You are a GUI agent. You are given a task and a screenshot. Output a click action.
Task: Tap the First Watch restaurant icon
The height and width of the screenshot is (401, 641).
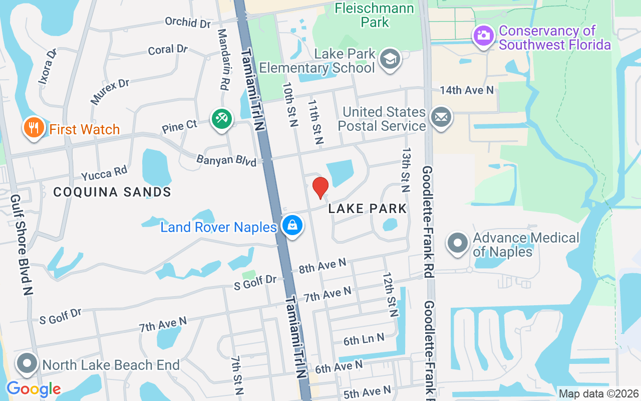pos(34,128)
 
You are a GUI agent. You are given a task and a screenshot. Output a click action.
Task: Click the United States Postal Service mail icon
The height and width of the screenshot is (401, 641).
pos(441,118)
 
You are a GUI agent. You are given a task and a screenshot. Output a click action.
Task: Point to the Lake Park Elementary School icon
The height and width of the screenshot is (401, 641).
pos(390,59)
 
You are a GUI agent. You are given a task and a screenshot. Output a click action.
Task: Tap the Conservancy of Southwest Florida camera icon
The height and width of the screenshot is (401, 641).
pos(483,35)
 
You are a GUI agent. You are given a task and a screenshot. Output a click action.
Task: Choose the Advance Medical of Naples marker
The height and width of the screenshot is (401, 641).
pos(457,243)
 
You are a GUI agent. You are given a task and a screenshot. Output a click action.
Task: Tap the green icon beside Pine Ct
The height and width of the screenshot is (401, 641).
pos(221,119)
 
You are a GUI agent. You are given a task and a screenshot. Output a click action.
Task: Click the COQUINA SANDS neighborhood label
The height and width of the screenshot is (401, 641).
pos(112,192)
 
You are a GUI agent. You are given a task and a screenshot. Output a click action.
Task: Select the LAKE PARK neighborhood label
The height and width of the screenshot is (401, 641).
pos(368,209)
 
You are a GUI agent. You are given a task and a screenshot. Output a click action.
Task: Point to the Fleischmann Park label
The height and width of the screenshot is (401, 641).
pos(375,15)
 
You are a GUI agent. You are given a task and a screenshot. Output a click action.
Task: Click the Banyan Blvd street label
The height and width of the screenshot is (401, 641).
pos(226,160)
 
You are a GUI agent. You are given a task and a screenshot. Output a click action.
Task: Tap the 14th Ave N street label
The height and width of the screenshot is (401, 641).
pos(467,90)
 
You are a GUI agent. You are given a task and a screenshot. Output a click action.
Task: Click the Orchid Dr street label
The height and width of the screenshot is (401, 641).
pos(188,23)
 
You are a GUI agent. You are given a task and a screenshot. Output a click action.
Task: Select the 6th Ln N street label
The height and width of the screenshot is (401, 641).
pos(364,340)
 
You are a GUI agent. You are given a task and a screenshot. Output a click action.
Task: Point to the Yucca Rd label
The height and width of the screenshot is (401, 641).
pos(104,173)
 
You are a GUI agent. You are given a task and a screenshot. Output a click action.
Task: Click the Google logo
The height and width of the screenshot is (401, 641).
pos(34,389)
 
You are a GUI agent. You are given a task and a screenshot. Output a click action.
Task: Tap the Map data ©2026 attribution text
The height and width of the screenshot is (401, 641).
pos(598,394)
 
